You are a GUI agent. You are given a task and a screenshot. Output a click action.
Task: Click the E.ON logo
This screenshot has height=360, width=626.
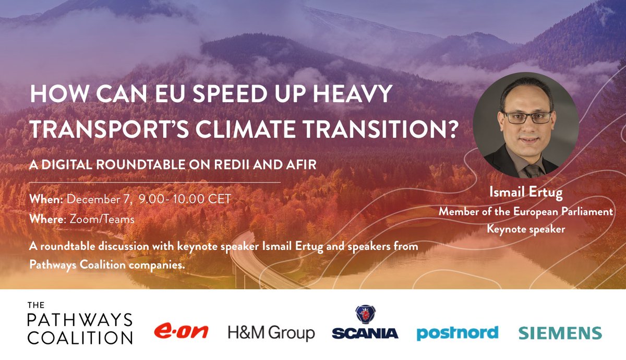[x=181, y=331]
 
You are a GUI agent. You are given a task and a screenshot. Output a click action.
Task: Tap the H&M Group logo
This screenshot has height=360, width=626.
[x=271, y=332]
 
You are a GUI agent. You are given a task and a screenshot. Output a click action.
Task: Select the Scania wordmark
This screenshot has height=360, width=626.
[x=365, y=333]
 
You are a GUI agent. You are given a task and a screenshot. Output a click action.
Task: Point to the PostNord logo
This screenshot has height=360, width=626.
[x=457, y=332]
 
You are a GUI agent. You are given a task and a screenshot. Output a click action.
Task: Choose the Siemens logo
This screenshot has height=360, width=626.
[x=560, y=333]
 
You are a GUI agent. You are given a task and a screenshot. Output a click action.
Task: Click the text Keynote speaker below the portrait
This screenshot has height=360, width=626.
[x=525, y=229]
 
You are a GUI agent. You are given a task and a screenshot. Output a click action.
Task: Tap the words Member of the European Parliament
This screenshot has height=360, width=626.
[x=525, y=212]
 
